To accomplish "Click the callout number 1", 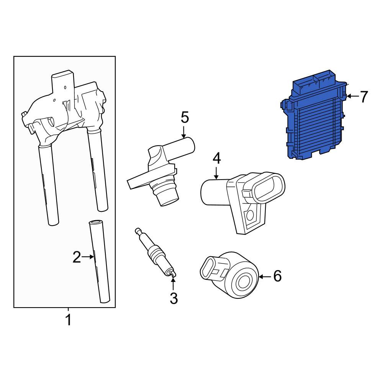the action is pos(69,320).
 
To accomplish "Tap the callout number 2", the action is pos(77,257).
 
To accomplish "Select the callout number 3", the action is pos(173,298).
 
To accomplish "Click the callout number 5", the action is pos(185,117).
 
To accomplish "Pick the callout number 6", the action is pos(277,276).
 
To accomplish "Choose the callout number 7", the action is pos(364,97).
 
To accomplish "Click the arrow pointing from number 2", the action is pos(88,257).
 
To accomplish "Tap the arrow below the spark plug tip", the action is pos(173,284).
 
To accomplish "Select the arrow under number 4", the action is pos(216,173).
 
